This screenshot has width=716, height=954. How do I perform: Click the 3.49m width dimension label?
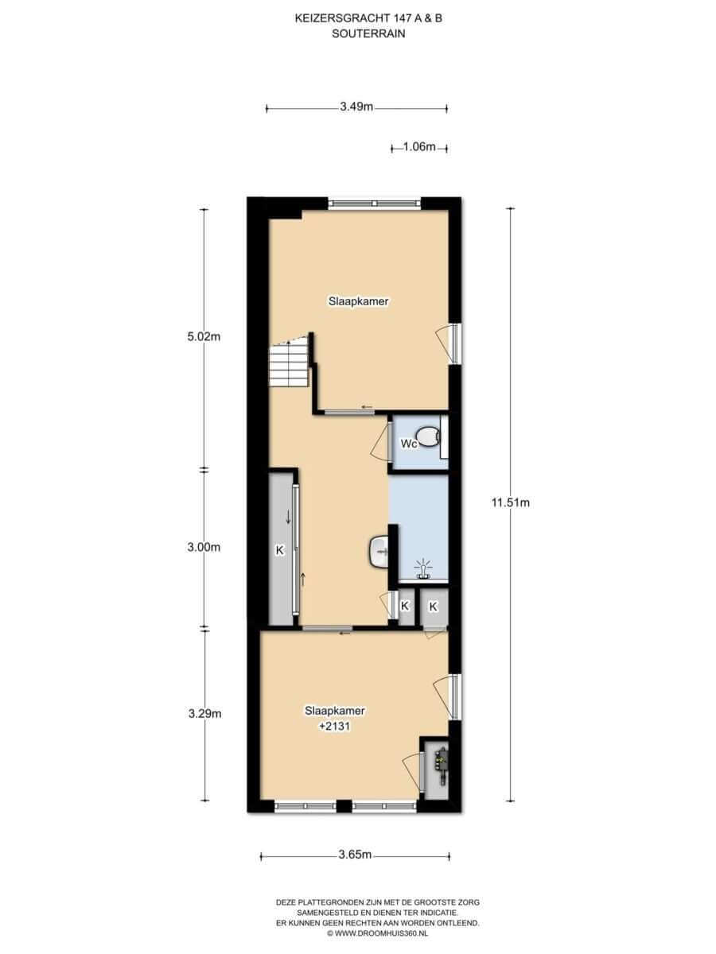(x=356, y=107)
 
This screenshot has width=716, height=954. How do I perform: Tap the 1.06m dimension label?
(x=419, y=147)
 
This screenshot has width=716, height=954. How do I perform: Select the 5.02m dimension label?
(x=204, y=337)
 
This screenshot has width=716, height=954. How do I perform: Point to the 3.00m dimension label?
(x=204, y=547)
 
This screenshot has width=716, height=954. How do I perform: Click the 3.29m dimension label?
(x=204, y=714)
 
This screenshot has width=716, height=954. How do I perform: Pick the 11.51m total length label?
(x=511, y=503)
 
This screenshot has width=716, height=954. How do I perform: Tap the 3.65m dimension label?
(x=355, y=855)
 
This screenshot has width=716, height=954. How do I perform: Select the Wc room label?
(x=409, y=444)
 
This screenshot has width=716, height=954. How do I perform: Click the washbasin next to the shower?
(x=378, y=552)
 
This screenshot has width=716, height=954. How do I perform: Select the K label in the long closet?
(x=280, y=550)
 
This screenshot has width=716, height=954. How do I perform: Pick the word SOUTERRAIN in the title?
(x=368, y=33)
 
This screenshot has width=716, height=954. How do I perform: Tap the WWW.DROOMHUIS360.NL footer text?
(x=377, y=933)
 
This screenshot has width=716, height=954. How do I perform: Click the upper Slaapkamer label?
(x=358, y=301)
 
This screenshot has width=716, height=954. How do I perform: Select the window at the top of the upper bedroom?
(x=374, y=203)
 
